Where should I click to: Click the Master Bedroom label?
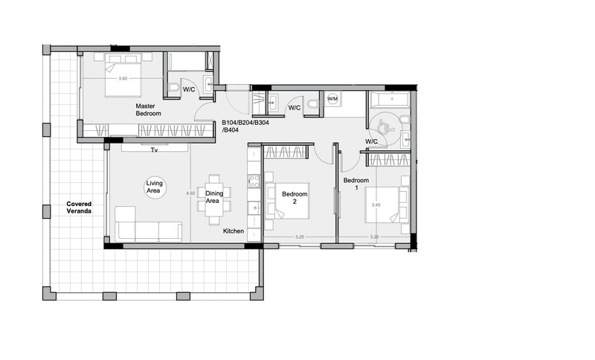pyautogui.click(x=148, y=109)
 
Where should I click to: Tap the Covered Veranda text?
pyautogui.click(x=79, y=208)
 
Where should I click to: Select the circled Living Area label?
pyautogui.click(x=155, y=187)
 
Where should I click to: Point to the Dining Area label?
pyautogui.click(x=214, y=197)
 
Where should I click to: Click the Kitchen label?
pyautogui.click(x=234, y=231)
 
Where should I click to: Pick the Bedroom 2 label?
pyautogui.click(x=295, y=198)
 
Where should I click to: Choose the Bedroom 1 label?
pyautogui.click(x=356, y=184)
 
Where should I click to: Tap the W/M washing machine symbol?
pyautogui.click(x=332, y=99)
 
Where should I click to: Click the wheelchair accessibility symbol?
pyautogui.click(x=386, y=127)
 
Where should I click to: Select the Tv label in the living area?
pyautogui.click(x=154, y=150)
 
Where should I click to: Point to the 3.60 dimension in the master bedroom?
pyautogui.click(x=123, y=79)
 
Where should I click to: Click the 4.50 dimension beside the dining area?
pyautogui.click(x=190, y=193)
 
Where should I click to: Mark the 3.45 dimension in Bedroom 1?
pyautogui.click(x=376, y=205)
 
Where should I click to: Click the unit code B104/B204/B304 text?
pyautogui.click(x=245, y=123)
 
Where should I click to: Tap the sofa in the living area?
pyautogui.click(x=148, y=224)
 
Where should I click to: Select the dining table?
pyautogui.click(x=214, y=199)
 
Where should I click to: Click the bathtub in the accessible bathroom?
pyautogui.click(x=390, y=100)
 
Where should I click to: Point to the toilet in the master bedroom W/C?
pyautogui.click(x=175, y=88)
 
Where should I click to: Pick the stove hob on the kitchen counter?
pyautogui.click(x=254, y=181)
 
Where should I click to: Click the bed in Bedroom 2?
pyautogui.click(x=289, y=201)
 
